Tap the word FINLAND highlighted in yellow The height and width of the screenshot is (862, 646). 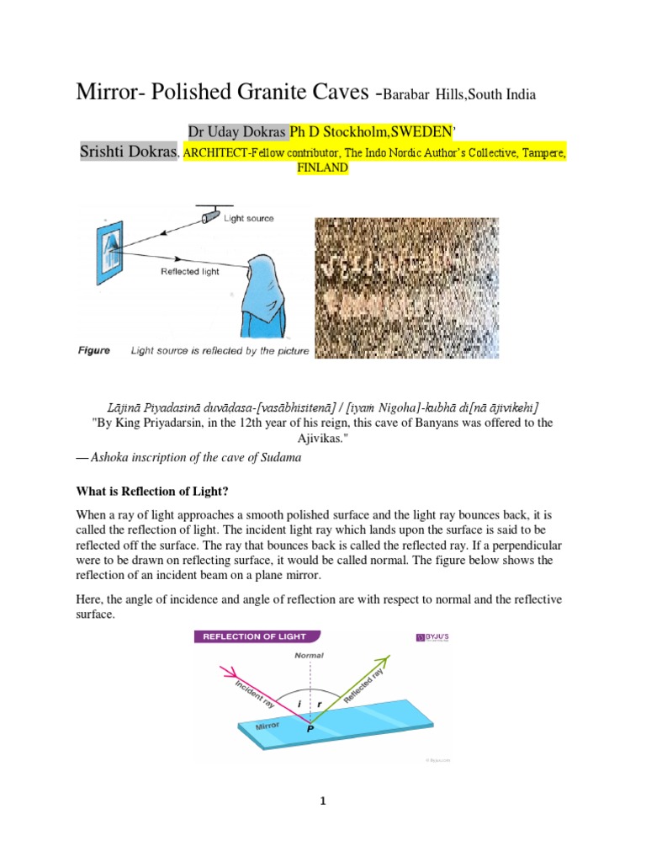click(323, 168)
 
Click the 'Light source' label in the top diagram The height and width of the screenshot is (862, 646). click(249, 218)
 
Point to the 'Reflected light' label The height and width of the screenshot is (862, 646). click(190, 272)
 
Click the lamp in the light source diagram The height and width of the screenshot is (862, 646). click(209, 217)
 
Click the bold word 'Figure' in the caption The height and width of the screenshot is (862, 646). click(94, 350)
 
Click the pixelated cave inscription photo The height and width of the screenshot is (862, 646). click(406, 288)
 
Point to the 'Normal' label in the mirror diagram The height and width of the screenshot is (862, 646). click(309, 654)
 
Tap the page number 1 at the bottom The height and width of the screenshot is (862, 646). click(322, 801)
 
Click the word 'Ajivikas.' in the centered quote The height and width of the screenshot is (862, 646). click(323, 439)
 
